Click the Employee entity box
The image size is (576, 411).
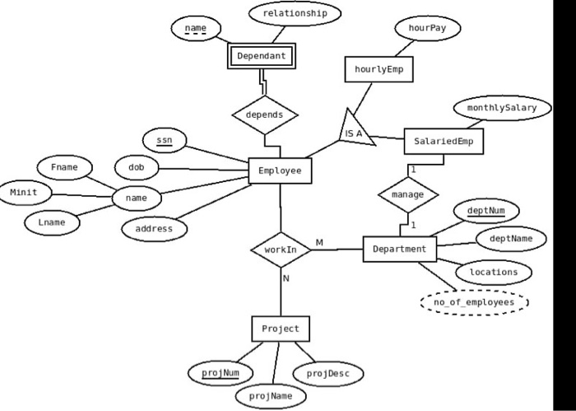click(280, 170)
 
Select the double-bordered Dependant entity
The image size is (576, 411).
click(261, 56)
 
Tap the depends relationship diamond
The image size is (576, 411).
click(264, 114)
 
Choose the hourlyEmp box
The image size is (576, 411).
click(379, 69)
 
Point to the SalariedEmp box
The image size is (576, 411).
click(444, 142)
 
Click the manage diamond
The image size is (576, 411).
click(408, 194)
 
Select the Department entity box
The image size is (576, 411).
click(399, 249)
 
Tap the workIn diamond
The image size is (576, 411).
click(280, 249)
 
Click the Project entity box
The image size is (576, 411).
click(281, 329)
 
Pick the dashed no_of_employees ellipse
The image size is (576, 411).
click(474, 302)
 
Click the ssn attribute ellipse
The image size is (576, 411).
click(165, 141)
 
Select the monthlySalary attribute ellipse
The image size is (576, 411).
click(502, 109)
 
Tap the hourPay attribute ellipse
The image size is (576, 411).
click(427, 28)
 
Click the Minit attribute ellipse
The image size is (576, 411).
click(24, 193)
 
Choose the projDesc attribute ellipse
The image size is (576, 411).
click(327, 374)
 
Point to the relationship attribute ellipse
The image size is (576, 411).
click(295, 13)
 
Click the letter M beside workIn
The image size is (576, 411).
click(319, 242)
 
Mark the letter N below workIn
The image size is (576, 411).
click(286, 278)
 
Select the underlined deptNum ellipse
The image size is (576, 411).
click(486, 211)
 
